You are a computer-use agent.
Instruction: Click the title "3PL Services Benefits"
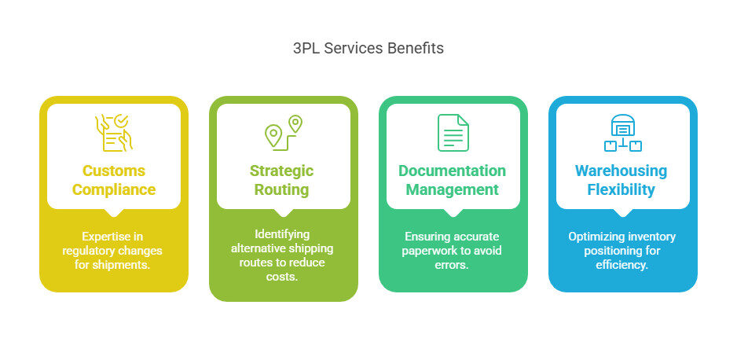(x=368, y=49)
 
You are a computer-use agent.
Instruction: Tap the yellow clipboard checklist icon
(x=114, y=133)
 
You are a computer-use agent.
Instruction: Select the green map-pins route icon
(x=284, y=133)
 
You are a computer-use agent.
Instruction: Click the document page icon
(x=453, y=133)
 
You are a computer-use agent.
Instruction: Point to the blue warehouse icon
(x=623, y=133)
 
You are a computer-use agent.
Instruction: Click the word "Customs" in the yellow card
(x=114, y=171)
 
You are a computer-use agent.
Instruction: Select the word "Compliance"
(x=114, y=190)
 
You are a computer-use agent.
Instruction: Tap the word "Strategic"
(x=281, y=171)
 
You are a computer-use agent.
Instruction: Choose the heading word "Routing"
(x=281, y=190)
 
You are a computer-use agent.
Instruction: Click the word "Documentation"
(x=452, y=171)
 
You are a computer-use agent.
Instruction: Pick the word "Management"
(x=452, y=190)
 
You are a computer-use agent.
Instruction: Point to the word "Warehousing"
(x=621, y=171)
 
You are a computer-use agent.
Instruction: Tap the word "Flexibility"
(x=621, y=190)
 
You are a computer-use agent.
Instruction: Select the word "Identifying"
(x=282, y=234)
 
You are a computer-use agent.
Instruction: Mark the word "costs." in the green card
(x=282, y=277)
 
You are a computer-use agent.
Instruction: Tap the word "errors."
(x=452, y=265)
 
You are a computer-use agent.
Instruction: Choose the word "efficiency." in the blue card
(x=622, y=265)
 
